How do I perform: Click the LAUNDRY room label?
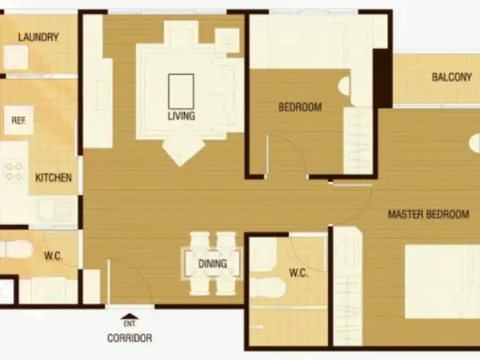[x=38, y=37]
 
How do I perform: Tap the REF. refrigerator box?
[x=19, y=120]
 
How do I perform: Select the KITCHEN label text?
[x=53, y=178]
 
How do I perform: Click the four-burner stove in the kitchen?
[x=14, y=172]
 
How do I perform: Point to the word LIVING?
[x=181, y=116]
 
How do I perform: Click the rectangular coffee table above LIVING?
[x=181, y=91]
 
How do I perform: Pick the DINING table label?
[x=213, y=263]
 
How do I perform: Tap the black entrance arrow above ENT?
[x=129, y=316]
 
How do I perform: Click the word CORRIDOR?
[x=129, y=337]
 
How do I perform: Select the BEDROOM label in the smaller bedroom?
[x=300, y=107]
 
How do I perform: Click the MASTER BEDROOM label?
[x=428, y=215]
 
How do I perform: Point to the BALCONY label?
[x=452, y=77]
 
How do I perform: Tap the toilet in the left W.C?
[x=16, y=249]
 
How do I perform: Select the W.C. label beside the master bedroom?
[x=298, y=273]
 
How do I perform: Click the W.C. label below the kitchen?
[x=53, y=256]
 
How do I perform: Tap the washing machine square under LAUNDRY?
[x=16, y=57]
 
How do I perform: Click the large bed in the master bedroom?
[x=442, y=281]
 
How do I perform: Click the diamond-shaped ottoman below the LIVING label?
[x=184, y=149]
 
